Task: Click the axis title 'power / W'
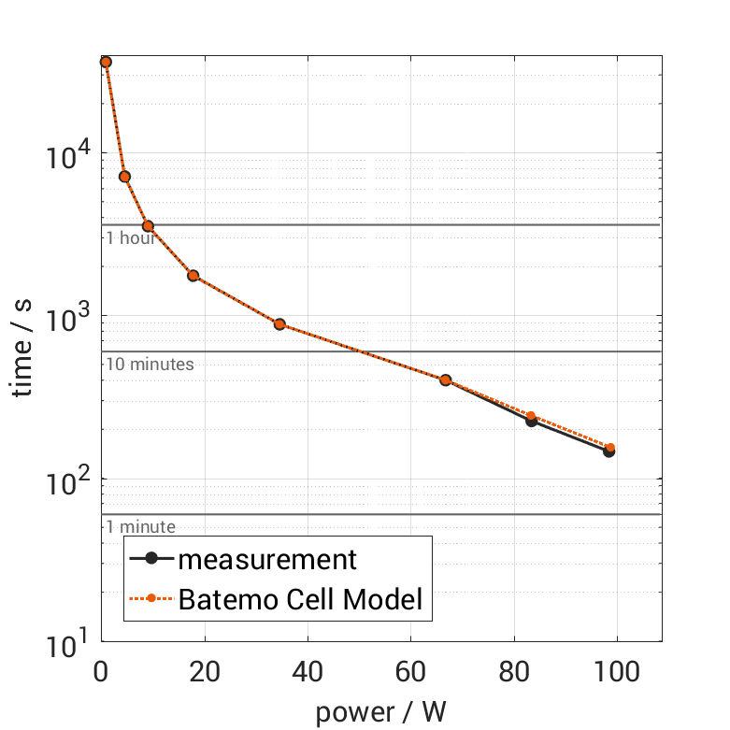[x=381, y=712]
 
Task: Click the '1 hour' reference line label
[x=130, y=237]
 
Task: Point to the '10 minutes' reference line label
[x=150, y=364]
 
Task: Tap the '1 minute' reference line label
[x=140, y=527]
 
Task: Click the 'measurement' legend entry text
[x=267, y=560]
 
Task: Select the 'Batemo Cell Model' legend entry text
[x=301, y=598]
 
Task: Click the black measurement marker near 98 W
[x=609, y=451]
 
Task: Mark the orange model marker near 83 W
[x=532, y=416]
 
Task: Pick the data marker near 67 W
[x=446, y=380]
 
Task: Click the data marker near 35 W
[x=279, y=324]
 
